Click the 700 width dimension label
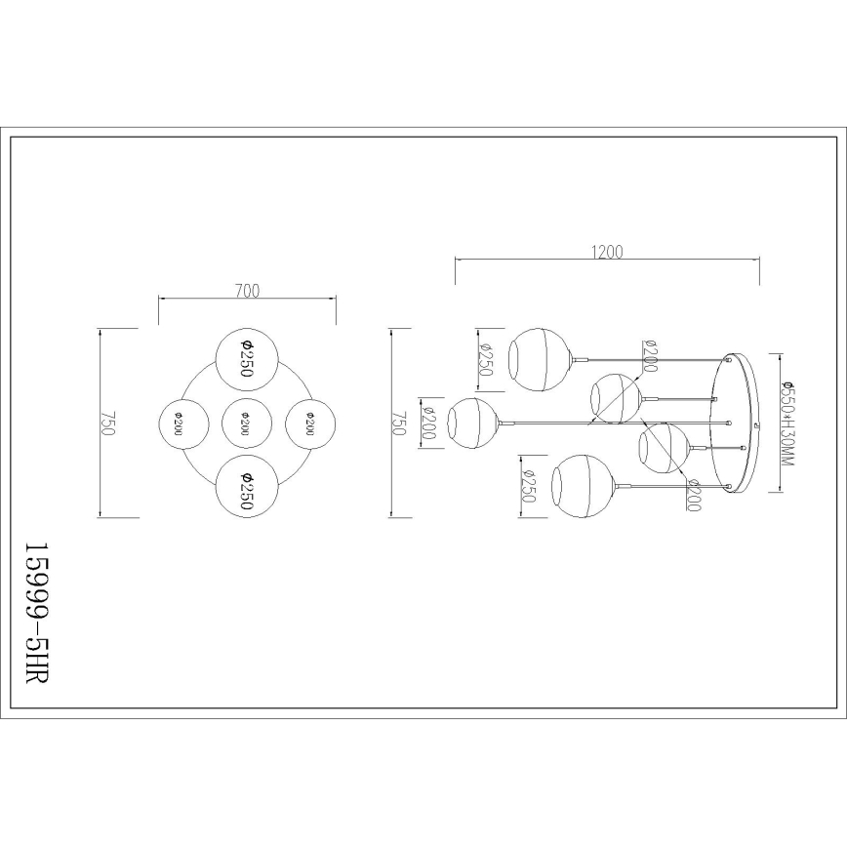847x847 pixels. [247, 290]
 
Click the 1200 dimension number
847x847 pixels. [606, 252]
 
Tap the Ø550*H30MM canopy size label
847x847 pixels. [787, 421]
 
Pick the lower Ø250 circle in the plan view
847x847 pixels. [247, 485]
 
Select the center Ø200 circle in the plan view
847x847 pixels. [247, 423]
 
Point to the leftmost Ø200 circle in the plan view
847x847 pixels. [184, 423]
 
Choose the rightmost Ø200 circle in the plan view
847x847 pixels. [309, 423]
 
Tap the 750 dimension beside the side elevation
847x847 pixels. [397, 423]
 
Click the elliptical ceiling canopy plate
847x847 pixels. [741, 422]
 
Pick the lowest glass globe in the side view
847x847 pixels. [582, 485]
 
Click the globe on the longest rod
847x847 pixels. [472, 423]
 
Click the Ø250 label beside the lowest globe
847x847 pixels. [528, 485]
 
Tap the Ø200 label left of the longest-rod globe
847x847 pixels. [426, 423]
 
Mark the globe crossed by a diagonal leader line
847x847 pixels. [617, 398]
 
